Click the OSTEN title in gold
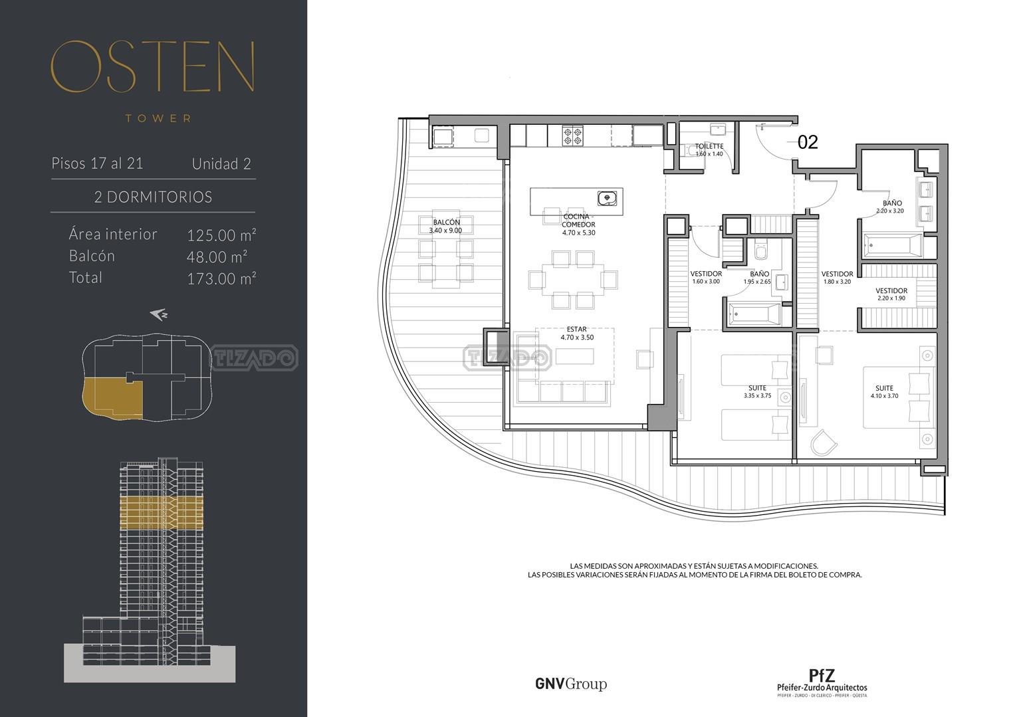pyautogui.click(x=152, y=66)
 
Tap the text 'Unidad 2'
pyautogui.click(x=221, y=163)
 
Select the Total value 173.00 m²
pyautogui.click(x=221, y=278)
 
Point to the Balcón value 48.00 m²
pyautogui.click(x=217, y=256)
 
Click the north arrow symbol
pyautogui.click(x=159, y=314)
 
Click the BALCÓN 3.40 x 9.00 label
pyautogui.click(x=446, y=226)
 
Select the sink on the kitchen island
pyautogui.click(x=607, y=199)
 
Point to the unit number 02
pyautogui.click(x=808, y=142)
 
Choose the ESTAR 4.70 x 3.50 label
pyautogui.click(x=577, y=334)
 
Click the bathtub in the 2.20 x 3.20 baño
pyautogui.click(x=893, y=246)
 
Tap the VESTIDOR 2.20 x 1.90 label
pyautogui.click(x=891, y=294)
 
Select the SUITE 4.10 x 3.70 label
pyautogui.click(x=884, y=392)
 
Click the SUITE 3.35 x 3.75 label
pyautogui.click(x=757, y=391)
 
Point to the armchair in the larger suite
pyautogui.click(x=823, y=443)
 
